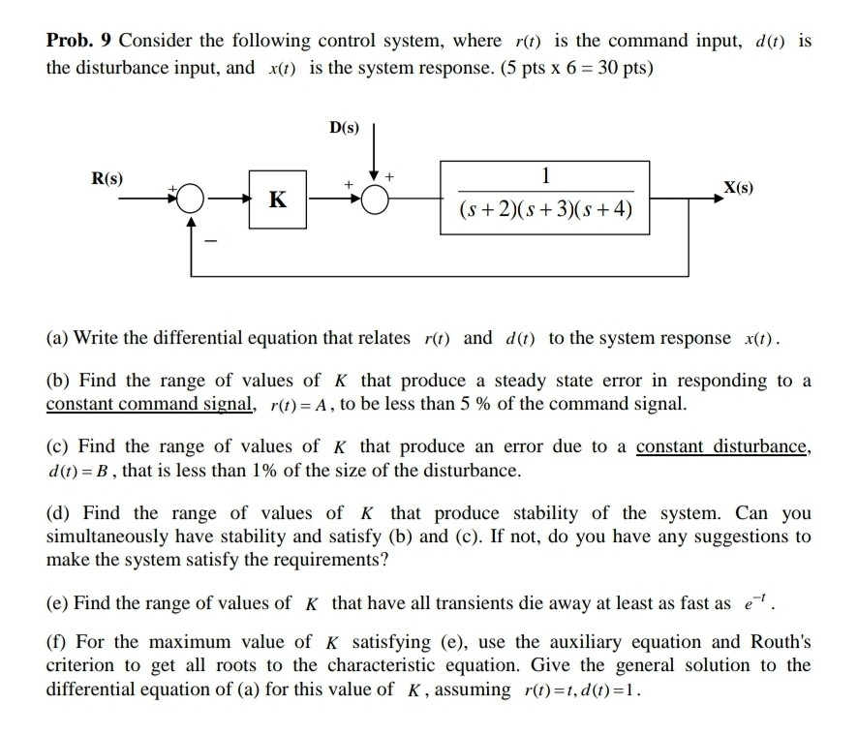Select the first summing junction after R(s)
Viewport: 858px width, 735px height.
(x=192, y=200)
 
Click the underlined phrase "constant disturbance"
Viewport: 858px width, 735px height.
(x=722, y=446)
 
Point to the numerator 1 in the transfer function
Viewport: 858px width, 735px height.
(x=546, y=176)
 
